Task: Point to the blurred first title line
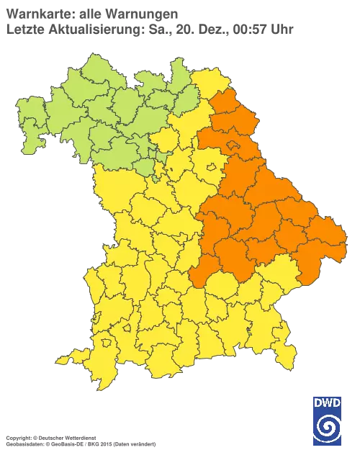point(90,14)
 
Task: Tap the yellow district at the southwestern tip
point(83,357)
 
